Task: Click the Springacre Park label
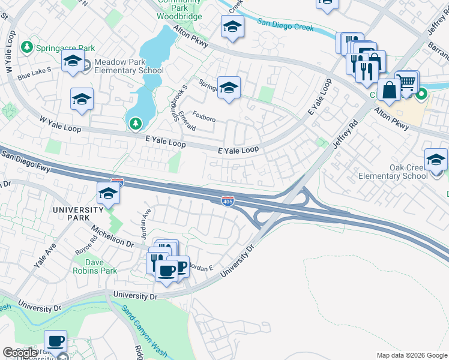point(65,47)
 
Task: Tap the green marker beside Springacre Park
point(26,47)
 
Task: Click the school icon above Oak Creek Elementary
point(436,160)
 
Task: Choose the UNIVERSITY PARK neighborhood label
point(78,210)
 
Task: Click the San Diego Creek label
point(286,25)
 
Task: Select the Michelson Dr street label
point(112,233)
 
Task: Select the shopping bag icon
point(389,91)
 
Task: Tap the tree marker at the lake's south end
point(136,124)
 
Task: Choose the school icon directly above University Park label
point(108,194)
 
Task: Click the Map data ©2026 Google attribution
point(412,355)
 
